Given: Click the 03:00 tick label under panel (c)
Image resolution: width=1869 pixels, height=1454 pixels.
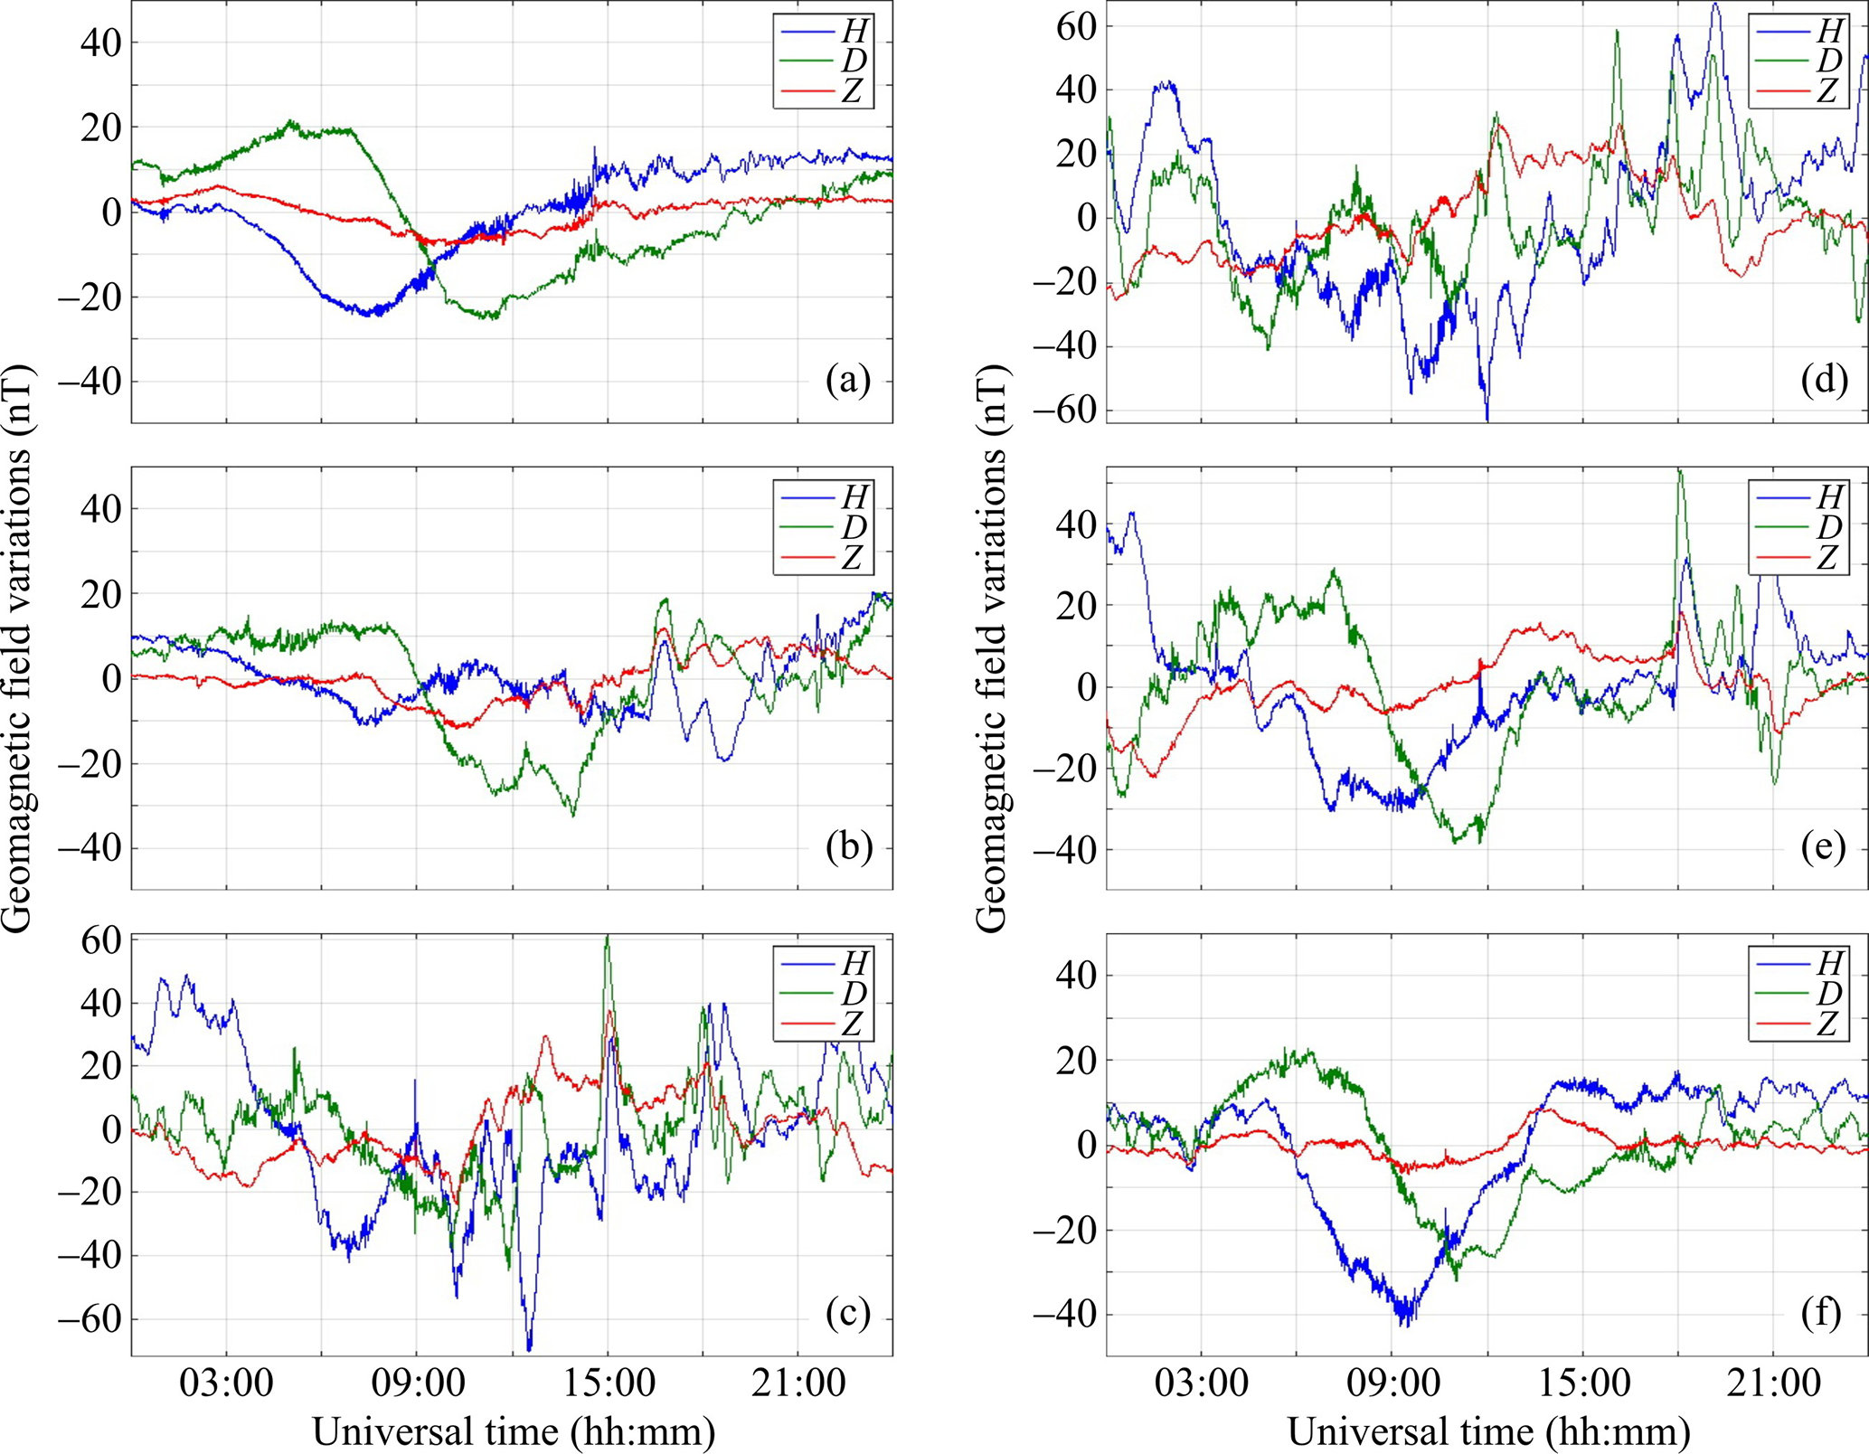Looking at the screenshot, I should [226, 1384].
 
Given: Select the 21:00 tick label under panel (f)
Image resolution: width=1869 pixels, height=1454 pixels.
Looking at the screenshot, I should [1772, 1384].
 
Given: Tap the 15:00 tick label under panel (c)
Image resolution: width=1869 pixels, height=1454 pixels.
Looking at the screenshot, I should [608, 1384].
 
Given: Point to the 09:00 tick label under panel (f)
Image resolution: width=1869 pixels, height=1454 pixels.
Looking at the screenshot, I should [1391, 1384].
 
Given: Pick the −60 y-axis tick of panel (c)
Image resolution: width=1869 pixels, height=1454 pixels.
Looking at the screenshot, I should [89, 1319].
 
